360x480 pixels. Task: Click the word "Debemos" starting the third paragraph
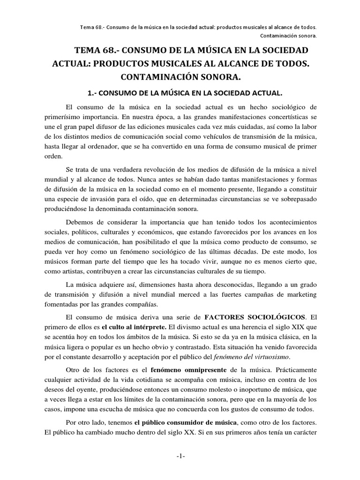click(81, 222)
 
